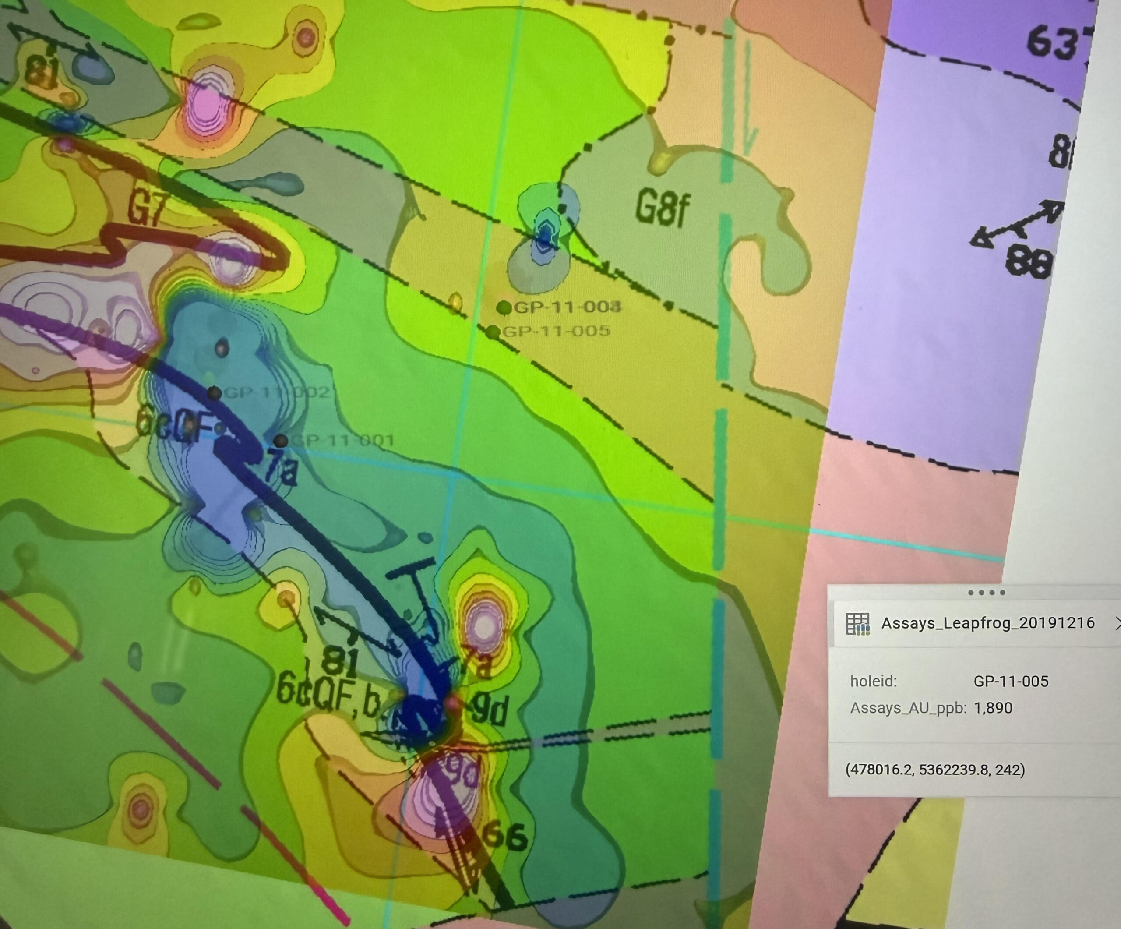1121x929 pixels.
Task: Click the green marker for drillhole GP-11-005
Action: coord(493,332)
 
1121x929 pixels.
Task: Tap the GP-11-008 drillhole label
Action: coord(567,307)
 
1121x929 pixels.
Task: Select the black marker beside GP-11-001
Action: coord(281,441)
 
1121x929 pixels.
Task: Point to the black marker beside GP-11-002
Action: coord(214,393)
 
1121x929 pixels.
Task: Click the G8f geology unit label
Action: coord(663,209)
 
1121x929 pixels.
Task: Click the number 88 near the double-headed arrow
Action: coord(1028,263)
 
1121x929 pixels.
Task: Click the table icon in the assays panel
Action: coord(858,624)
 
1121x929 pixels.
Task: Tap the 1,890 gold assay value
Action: coord(993,708)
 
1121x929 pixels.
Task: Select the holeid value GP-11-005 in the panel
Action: coord(1011,681)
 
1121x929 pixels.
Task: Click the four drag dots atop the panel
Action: coord(987,593)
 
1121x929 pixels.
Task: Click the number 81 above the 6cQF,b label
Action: coord(340,661)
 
